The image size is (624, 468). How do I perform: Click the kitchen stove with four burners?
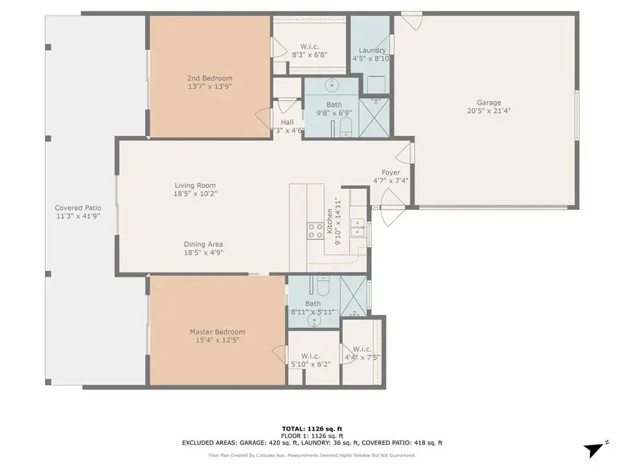click(315, 230)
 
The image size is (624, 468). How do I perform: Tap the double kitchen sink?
click(358, 227)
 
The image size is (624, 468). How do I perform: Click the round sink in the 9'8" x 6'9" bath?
click(331, 85)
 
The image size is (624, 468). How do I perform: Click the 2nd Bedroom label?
click(209, 78)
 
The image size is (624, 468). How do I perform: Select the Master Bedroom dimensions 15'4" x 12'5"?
click(218, 340)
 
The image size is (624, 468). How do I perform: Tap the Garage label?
click(484, 103)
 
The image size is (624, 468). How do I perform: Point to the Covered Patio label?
click(78, 207)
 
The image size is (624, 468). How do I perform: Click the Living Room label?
click(195, 185)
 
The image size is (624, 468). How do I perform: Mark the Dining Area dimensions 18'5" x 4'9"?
click(203, 253)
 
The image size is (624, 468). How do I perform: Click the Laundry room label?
click(372, 51)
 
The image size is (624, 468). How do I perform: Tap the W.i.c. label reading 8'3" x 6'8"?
click(308, 53)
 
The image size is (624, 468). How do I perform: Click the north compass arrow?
click(593, 449)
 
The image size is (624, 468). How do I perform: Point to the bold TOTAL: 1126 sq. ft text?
click(311, 429)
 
